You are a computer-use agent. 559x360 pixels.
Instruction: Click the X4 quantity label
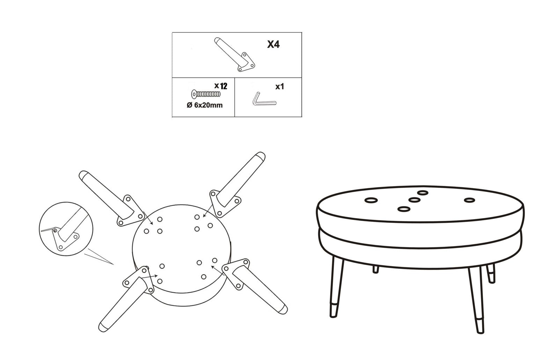(x=273, y=44)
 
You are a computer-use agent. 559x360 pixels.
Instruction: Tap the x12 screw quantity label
(x=221, y=86)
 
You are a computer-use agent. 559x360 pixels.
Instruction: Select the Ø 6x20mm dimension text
(x=205, y=105)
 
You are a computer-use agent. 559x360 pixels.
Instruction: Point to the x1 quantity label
(x=280, y=87)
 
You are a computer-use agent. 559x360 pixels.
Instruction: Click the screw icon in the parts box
(x=206, y=94)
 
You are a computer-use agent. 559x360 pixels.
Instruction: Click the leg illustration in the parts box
(x=234, y=54)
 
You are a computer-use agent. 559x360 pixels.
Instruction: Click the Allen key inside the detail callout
(x=49, y=230)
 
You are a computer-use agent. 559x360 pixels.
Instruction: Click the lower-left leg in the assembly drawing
(x=126, y=299)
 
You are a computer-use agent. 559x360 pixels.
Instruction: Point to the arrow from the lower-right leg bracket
(x=217, y=271)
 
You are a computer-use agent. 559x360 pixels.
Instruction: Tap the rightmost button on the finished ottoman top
(x=469, y=200)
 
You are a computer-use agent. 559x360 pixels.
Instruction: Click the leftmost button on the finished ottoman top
(x=371, y=200)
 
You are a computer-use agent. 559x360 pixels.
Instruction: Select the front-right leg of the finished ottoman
(x=476, y=300)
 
